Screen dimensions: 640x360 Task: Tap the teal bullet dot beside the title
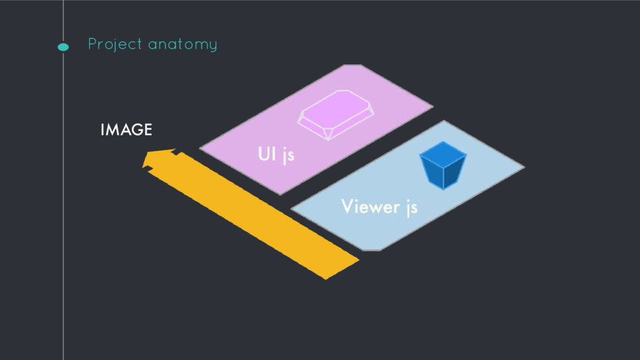[63, 46]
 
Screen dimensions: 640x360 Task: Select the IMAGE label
[126, 130]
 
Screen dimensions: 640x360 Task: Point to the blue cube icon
[444, 166]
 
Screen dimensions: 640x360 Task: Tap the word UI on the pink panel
[266, 153]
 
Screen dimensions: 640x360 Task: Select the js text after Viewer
[411, 207]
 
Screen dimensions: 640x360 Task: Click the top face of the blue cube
[444, 151]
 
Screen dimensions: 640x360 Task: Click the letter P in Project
[92, 44]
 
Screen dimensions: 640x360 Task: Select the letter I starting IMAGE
[102, 130]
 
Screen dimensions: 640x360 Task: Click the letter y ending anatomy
[213, 46]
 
